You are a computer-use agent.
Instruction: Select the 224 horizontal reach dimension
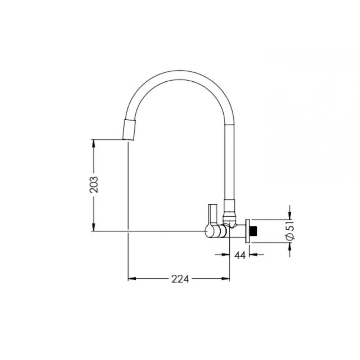click(x=180, y=279)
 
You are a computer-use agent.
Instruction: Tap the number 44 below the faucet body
click(x=240, y=255)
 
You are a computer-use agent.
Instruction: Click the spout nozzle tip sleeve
click(x=130, y=129)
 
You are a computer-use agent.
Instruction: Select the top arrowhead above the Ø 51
click(x=290, y=215)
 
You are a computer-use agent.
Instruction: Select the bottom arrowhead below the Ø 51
click(x=290, y=246)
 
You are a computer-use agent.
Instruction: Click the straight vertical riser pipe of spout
click(x=230, y=162)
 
